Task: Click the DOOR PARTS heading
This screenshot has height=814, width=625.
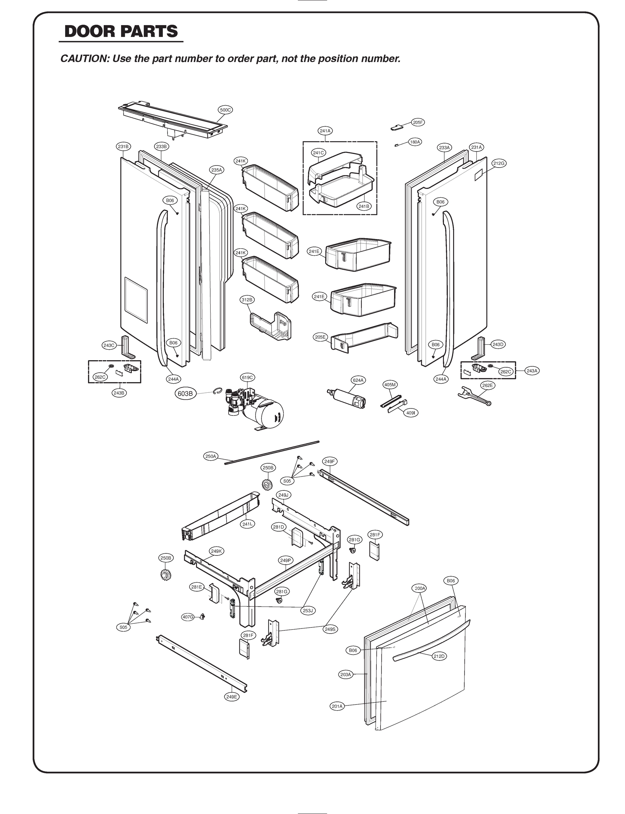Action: [x=121, y=32]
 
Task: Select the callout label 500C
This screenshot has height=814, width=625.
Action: [x=225, y=110]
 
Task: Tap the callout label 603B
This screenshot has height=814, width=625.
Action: [x=185, y=394]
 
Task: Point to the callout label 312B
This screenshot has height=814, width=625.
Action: [x=247, y=299]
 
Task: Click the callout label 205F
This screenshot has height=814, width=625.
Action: [x=418, y=122]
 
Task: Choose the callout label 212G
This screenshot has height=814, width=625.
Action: [x=499, y=163]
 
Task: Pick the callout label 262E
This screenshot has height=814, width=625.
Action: [x=487, y=385]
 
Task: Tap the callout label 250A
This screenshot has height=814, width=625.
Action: [x=211, y=457]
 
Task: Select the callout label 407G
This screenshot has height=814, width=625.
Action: [x=188, y=617]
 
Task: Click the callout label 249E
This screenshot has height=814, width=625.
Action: [x=231, y=697]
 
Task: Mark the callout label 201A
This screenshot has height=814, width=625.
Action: [x=337, y=706]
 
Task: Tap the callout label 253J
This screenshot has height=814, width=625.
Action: [x=308, y=610]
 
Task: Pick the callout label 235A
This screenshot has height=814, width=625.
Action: [x=216, y=170]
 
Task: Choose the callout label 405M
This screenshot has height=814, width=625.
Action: [x=390, y=385]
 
